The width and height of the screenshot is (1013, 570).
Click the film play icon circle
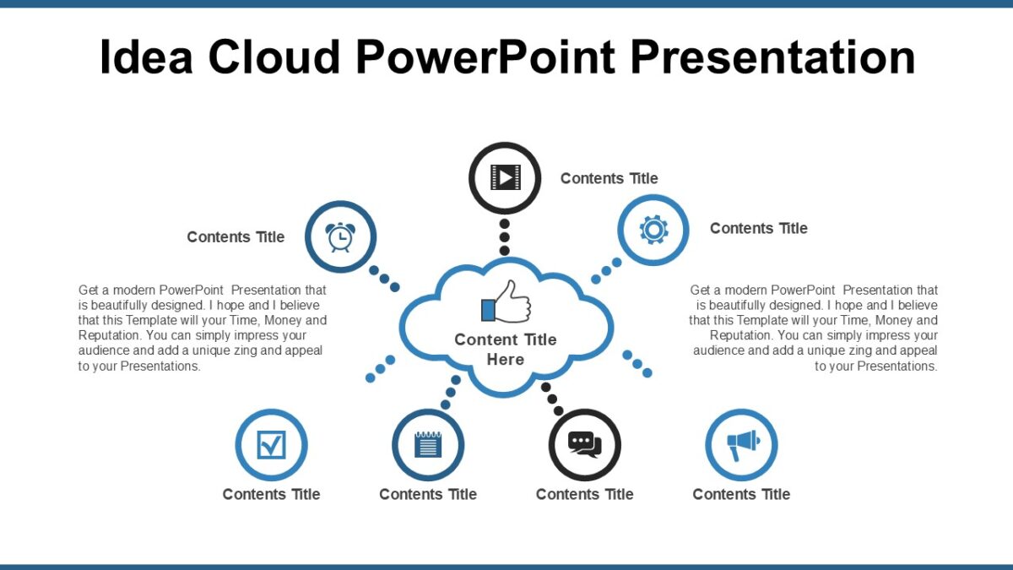point(504,177)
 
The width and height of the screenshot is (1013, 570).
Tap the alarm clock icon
point(340,237)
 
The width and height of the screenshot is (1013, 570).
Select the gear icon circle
point(653,230)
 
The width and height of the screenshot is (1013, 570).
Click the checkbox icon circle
point(271,444)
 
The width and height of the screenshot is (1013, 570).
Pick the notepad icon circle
point(428,444)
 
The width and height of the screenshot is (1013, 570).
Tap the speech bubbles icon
point(584,444)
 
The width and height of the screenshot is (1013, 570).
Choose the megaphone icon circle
point(741,444)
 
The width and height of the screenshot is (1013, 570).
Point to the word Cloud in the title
point(274,57)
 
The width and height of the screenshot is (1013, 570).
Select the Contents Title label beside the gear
point(758,228)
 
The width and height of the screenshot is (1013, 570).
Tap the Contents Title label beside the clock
point(236,237)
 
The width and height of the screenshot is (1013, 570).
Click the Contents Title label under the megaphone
point(741,494)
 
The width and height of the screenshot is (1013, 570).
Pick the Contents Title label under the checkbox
point(271,494)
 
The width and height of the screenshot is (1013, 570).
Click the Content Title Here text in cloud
point(505,350)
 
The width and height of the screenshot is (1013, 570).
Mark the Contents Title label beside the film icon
point(609,178)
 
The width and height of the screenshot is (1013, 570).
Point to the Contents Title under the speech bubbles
point(584,494)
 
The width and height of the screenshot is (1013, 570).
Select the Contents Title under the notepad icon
point(428,494)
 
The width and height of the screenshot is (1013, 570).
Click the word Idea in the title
point(144,57)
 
